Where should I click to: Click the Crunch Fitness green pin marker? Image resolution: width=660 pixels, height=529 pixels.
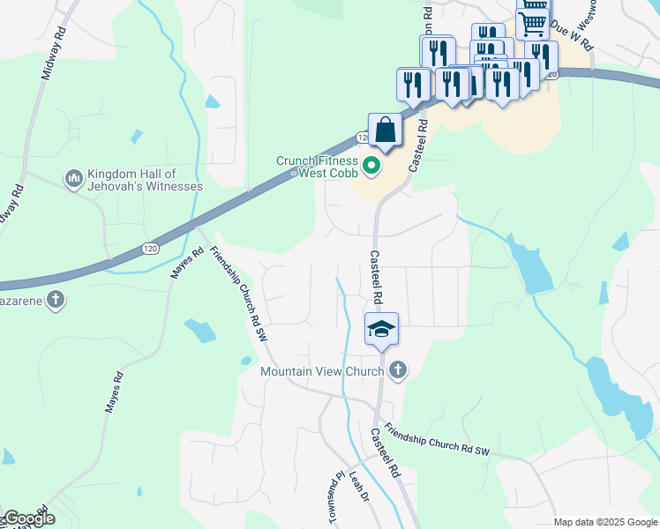coord(371,164)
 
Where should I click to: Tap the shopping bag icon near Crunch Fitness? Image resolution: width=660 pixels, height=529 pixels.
coord(385,130)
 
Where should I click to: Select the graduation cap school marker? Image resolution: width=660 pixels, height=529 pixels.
coord(382,330)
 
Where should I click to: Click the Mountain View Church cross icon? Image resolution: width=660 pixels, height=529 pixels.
coord(398,370)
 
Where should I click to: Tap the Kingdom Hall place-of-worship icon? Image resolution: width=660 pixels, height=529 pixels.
coord(73,180)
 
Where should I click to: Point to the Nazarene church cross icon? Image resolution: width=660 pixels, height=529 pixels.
coord(55,300)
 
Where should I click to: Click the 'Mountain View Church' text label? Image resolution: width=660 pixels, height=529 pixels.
coord(322,371)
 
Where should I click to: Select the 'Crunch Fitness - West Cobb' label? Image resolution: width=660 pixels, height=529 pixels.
coord(318,168)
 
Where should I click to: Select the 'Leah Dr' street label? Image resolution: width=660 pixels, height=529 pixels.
coord(357,487)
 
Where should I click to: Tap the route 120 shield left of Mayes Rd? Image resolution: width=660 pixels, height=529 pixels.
coord(150,250)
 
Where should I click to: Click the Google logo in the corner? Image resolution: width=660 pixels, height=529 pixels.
coord(28,518)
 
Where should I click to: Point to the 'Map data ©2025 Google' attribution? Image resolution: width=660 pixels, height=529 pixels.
coord(605,522)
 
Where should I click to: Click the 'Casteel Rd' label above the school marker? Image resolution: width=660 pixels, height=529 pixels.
coord(377,278)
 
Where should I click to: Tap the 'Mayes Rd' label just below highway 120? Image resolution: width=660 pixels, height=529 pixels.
coord(187,264)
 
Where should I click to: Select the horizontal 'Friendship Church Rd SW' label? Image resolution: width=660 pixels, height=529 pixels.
coord(436,442)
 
